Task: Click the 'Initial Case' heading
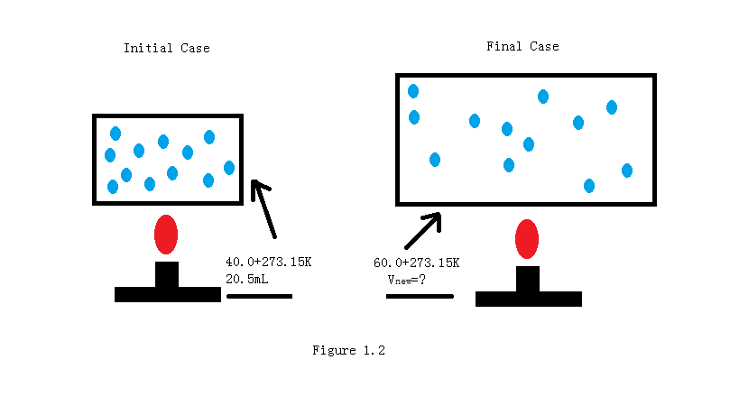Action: point(166,48)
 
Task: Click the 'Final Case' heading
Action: point(522,46)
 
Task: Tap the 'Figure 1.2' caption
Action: point(348,350)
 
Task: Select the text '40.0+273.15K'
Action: point(268,262)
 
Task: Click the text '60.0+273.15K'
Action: point(416,263)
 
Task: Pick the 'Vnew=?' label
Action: point(406,280)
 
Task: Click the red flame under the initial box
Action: point(166,235)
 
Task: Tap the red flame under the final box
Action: point(527,239)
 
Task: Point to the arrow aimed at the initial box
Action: point(264,207)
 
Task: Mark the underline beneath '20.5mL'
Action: point(259,296)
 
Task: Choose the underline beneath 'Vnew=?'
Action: point(420,296)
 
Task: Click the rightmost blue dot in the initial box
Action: point(229,168)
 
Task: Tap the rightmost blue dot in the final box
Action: point(627,171)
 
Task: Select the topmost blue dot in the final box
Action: point(413,91)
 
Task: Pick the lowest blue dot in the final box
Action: point(589,186)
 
